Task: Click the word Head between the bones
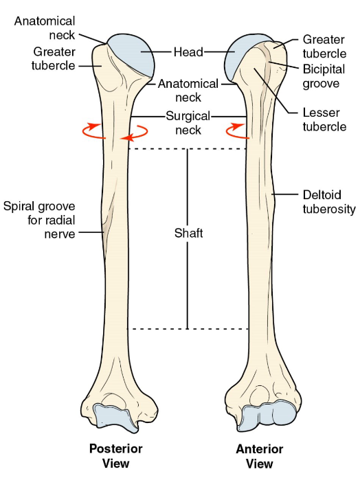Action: (x=188, y=52)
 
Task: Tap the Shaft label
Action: (x=188, y=234)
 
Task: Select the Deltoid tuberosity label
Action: (x=329, y=202)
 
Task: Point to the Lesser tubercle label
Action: (x=324, y=119)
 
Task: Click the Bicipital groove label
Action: (x=324, y=76)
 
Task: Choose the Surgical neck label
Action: (x=188, y=123)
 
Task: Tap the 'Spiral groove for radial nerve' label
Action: (x=39, y=220)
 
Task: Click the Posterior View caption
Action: (x=115, y=456)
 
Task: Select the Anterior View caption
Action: (x=260, y=456)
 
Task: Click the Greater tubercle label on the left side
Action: (x=54, y=58)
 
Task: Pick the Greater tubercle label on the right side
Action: (x=324, y=46)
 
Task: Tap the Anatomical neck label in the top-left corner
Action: (x=45, y=28)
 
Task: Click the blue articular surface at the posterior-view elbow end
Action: (x=115, y=417)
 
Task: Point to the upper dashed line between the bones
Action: (x=187, y=149)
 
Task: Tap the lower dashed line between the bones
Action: (x=188, y=329)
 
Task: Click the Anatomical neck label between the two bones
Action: (x=188, y=91)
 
